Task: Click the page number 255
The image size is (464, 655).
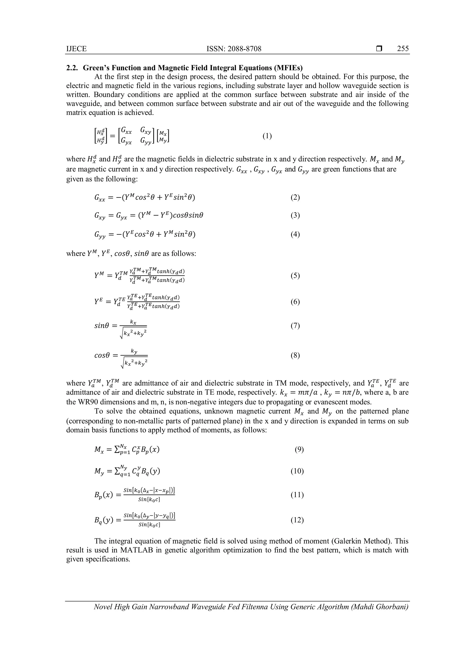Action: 403,49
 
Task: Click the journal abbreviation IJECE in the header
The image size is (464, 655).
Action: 76,49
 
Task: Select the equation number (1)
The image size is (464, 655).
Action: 267,136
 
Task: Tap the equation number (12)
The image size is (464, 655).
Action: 297,520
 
